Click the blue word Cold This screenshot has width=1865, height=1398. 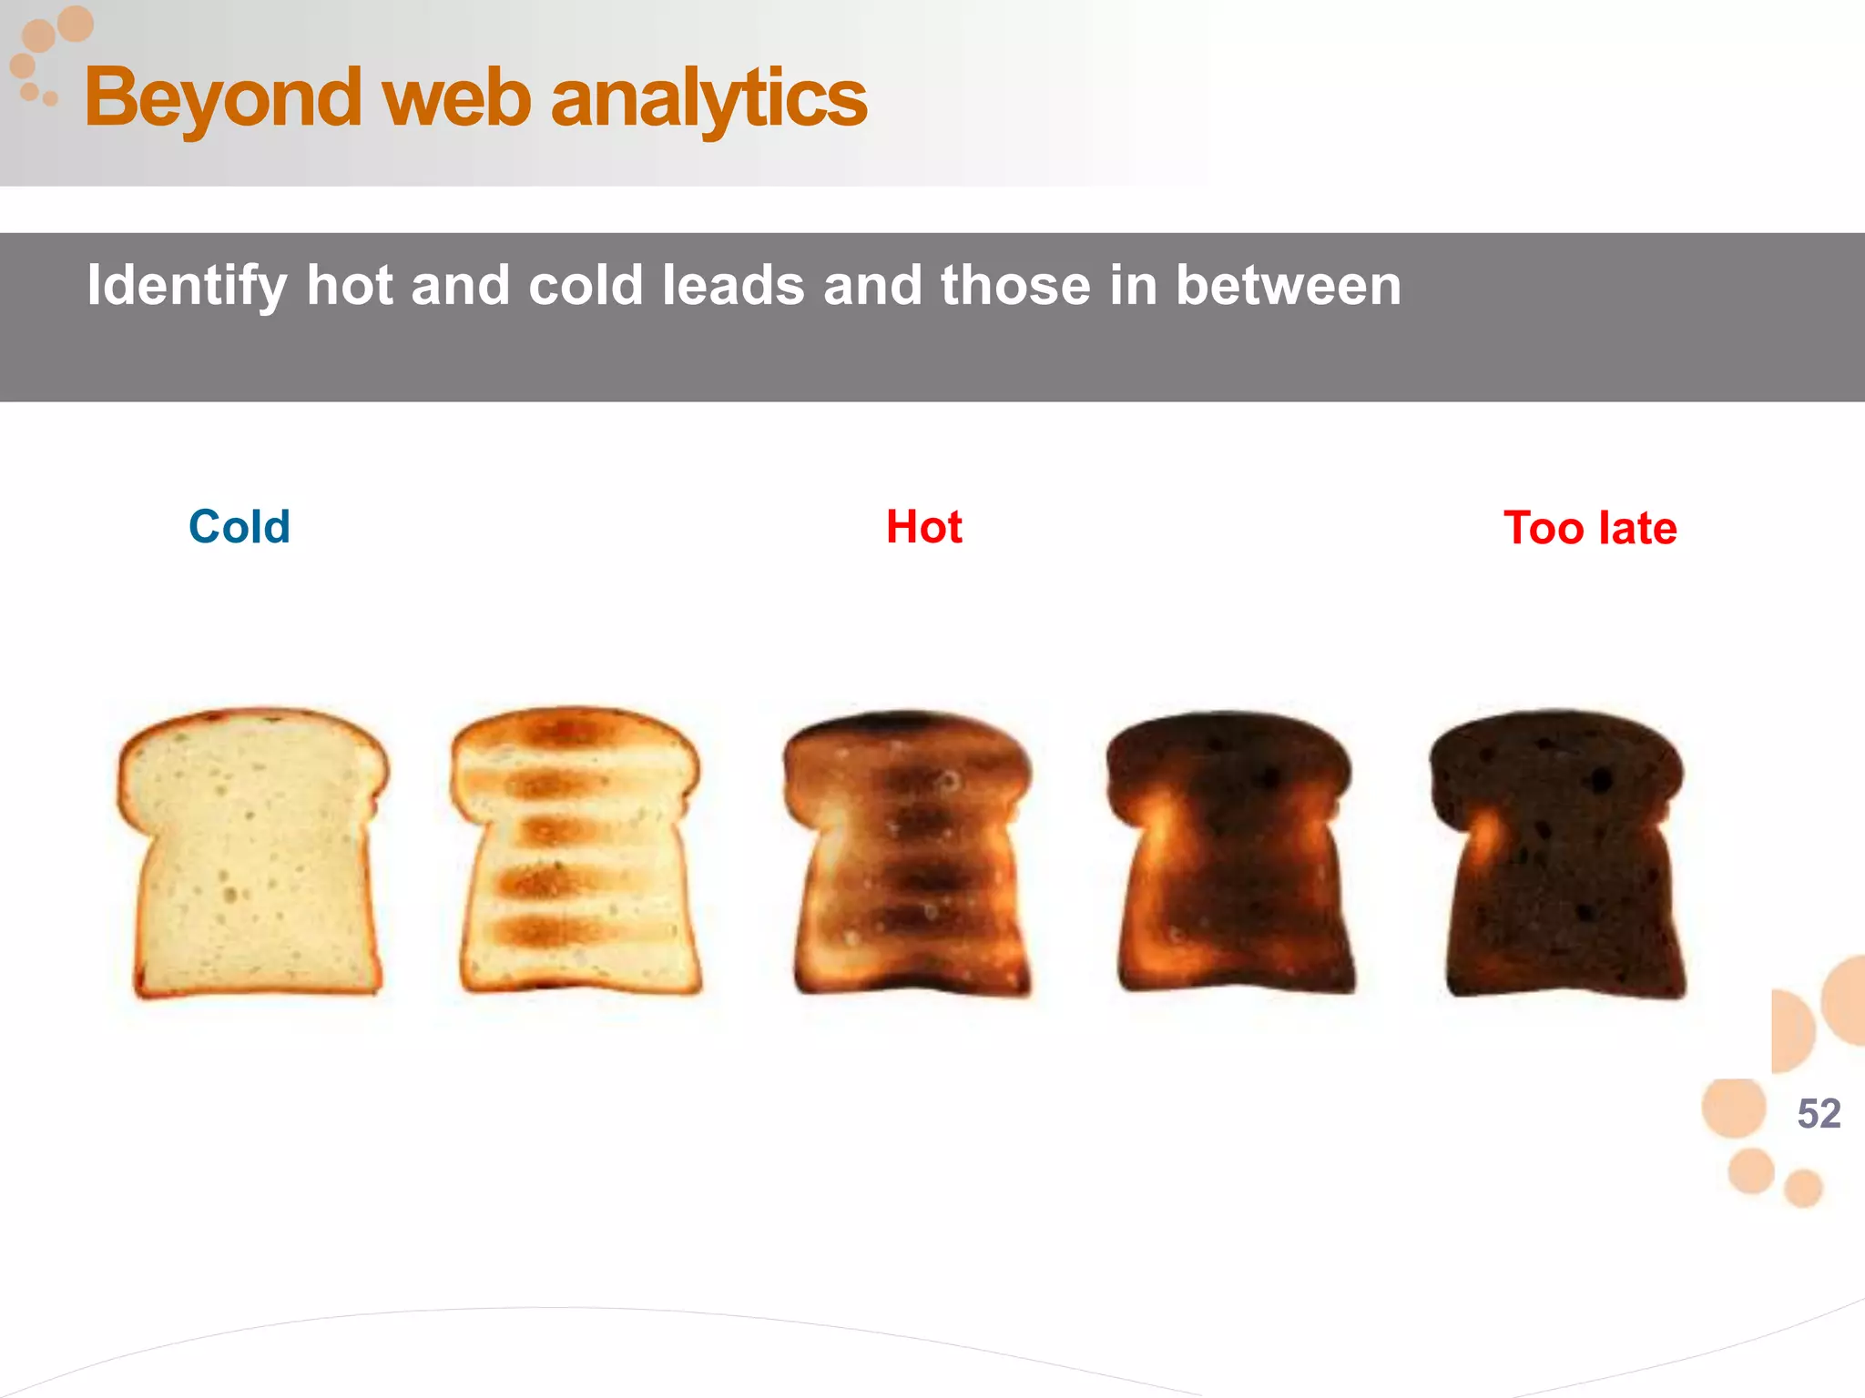point(239,527)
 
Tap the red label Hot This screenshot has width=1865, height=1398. point(923,527)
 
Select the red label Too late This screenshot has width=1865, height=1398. point(1589,528)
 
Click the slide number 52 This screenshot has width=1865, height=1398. point(1819,1113)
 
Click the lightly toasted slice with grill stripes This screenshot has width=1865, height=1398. point(576,851)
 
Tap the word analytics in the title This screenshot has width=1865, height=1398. point(708,98)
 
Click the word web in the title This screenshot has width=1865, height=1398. point(456,98)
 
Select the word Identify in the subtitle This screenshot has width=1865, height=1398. point(187,286)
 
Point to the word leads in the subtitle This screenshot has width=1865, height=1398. point(733,286)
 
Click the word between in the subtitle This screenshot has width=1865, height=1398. point(1288,286)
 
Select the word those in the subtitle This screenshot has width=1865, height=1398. point(1015,286)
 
